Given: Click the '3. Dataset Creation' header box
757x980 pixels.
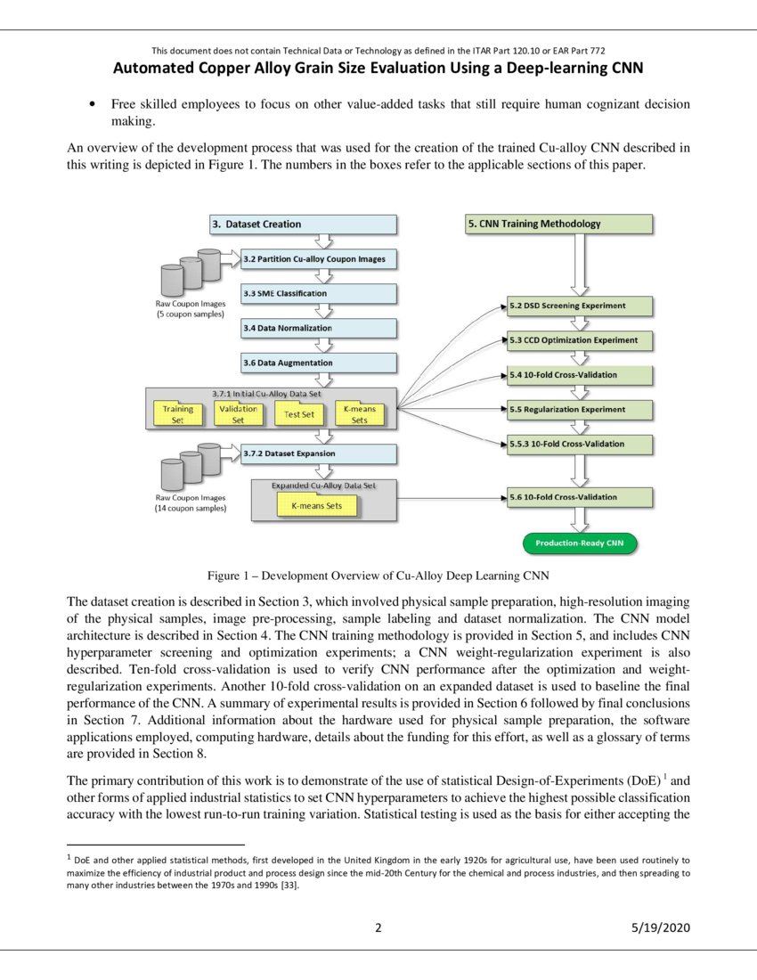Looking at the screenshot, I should pos(303,225).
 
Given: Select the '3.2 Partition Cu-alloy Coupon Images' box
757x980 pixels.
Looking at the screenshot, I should pos(319,259).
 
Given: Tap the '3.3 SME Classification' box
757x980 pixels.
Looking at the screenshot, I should pos(319,294).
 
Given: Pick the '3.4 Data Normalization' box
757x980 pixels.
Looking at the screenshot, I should pos(319,329).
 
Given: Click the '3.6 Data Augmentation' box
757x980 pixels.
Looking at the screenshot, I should pos(319,363).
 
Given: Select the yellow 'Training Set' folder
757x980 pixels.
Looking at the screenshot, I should pos(178,414).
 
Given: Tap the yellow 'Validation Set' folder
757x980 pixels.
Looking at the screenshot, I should pos(238,414).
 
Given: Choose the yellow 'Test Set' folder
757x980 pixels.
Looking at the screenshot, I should pos(298,414).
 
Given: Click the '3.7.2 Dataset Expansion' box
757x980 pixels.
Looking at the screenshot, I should pos(319,453).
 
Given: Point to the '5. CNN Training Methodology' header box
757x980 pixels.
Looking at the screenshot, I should pos(558,225).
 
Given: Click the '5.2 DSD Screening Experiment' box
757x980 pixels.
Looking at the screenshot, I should pos(579,306).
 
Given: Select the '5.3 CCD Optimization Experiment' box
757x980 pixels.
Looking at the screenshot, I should pos(579,340).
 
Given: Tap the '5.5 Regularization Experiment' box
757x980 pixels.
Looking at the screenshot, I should pos(579,410).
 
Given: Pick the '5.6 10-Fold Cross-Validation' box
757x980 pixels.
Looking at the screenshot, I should pos(579,497).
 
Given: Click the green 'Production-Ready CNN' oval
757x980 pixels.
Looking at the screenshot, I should pos(579,543).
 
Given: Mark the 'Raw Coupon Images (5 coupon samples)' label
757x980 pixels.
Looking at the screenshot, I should pos(190,309).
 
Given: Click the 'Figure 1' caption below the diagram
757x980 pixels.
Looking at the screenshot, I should pos(378,575).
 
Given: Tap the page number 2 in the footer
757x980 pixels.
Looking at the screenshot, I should pos(378,928).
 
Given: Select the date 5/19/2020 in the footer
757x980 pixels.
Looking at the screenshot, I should pos(659,928).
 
